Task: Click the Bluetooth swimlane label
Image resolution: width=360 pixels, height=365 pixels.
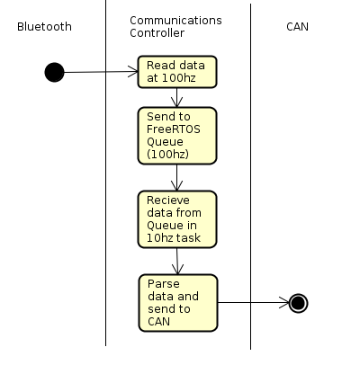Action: tap(44, 27)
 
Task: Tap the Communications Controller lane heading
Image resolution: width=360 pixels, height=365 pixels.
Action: tap(175, 27)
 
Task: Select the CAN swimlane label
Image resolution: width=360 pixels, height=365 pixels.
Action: tap(297, 27)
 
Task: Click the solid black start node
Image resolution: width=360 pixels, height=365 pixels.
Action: tap(54, 72)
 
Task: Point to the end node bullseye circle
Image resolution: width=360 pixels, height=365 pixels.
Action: tap(298, 303)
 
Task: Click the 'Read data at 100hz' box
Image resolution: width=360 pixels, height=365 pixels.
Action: tap(177, 72)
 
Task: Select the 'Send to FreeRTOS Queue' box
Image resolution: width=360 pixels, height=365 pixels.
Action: tap(177, 136)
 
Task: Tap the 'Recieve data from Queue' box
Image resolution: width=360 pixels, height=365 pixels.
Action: tap(177, 219)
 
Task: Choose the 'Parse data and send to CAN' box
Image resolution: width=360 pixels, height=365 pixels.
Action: tap(178, 303)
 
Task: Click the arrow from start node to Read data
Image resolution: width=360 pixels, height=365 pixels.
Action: tap(101, 72)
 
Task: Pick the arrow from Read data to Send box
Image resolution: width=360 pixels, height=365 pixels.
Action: tap(176, 98)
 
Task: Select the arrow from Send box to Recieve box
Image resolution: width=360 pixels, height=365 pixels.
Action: tap(176, 178)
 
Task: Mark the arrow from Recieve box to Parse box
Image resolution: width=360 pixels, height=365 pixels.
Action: tap(177, 262)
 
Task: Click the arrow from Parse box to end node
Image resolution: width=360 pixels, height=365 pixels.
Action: tap(253, 303)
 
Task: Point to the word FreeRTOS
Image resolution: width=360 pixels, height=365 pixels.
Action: tap(174, 129)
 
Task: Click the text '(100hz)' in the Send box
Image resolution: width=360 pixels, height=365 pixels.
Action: tap(167, 154)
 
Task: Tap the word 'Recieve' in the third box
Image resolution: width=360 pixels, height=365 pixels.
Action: tap(168, 200)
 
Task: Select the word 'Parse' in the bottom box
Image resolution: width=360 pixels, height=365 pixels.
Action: tap(164, 284)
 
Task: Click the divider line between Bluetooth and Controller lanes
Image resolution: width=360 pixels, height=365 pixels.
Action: tap(105, 173)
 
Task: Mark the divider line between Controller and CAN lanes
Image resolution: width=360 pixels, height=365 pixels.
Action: tap(250, 176)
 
